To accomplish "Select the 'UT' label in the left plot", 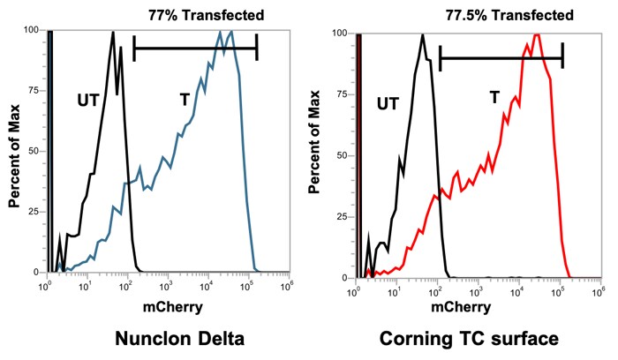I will coord(89,99).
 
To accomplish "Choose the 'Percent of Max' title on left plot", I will coord(15,150).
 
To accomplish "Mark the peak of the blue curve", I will coord(230,32).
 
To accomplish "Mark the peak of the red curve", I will coord(536,35).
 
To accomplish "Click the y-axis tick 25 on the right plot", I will coord(341,216).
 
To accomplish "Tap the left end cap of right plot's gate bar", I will coord(440,58).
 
